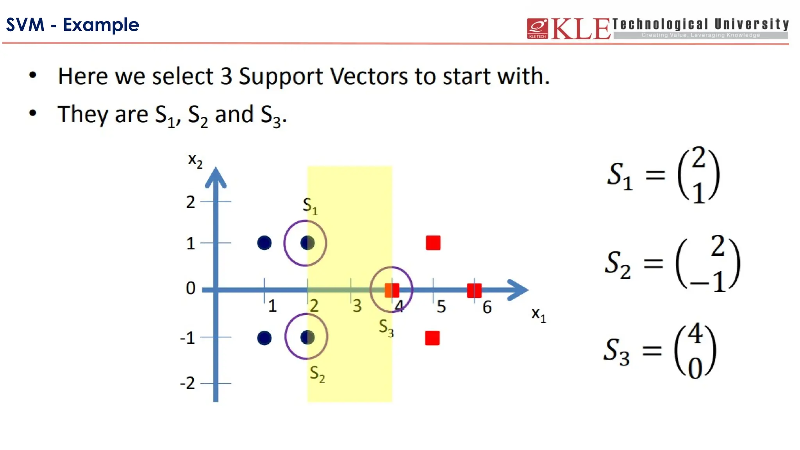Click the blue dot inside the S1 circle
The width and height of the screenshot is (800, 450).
click(x=307, y=243)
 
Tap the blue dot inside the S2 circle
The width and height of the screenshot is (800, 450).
click(x=307, y=337)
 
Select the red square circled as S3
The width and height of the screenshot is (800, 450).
click(x=392, y=290)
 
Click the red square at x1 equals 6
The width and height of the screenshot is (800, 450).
click(x=474, y=290)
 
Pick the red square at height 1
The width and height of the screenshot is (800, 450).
click(x=433, y=243)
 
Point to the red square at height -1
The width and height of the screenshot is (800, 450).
click(x=432, y=338)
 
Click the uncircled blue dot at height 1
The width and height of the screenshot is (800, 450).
click(x=264, y=243)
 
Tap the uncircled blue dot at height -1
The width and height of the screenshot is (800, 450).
click(x=264, y=338)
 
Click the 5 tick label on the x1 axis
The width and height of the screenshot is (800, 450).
click(x=441, y=307)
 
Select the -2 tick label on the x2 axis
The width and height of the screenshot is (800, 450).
click(x=187, y=383)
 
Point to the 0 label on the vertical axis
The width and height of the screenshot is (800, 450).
click(x=191, y=288)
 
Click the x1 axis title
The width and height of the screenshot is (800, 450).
click(x=538, y=314)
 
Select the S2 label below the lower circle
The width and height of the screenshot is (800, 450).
click(x=317, y=374)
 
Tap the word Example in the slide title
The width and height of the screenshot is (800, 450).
click(x=101, y=25)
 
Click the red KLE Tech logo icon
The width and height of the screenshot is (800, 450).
click(x=537, y=29)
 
